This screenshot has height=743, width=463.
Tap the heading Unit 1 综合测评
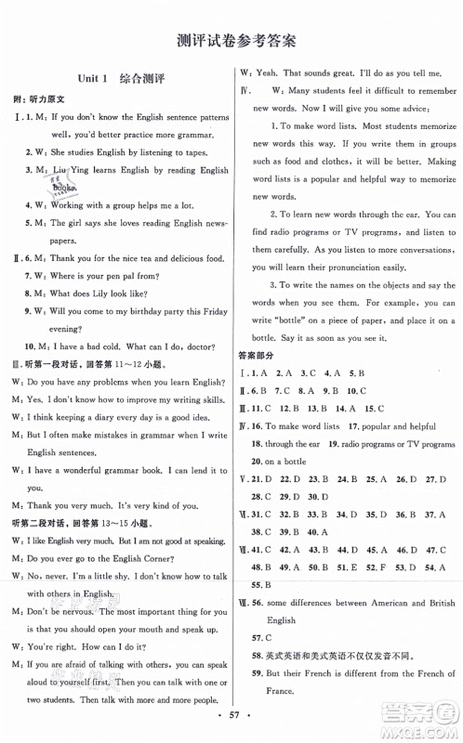pos(115,80)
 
